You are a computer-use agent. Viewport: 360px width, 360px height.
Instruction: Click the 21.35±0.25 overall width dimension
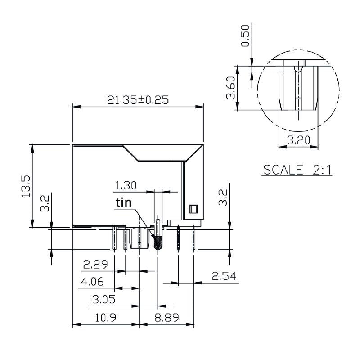[x=138, y=100]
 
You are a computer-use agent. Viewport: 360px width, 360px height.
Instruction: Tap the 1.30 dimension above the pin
[x=126, y=185]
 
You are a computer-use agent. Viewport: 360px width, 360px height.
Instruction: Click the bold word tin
[x=124, y=203]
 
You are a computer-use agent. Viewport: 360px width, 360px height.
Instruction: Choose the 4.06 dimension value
[x=92, y=282]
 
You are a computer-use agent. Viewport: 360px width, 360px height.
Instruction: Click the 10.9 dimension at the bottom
[x=106, y=318]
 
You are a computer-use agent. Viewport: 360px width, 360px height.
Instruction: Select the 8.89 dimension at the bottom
[x=167, y=318]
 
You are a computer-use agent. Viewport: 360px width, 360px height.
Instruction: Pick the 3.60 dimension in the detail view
[x=231, y=88]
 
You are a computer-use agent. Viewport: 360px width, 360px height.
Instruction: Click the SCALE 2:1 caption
[x=297, y=170]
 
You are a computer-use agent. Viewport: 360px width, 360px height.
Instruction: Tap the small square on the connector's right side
[x=193, y=209]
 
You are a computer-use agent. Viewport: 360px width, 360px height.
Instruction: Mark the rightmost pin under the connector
[x=194, y=238]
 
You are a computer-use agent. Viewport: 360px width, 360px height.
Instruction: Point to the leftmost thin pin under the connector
[x=115, y=238]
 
